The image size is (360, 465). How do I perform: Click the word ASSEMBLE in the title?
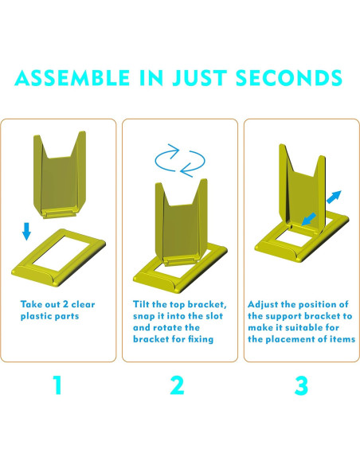(x=72, y=78)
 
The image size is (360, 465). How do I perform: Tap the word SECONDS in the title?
(x=289, y=78)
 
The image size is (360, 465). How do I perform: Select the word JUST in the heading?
(x=200, y=78)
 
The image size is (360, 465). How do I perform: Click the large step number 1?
(x=57, y=385)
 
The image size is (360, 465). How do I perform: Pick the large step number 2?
(x=177, y=385)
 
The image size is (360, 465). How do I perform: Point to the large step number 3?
(x=301, y=385)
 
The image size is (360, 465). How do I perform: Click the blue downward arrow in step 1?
(x=26, y=231)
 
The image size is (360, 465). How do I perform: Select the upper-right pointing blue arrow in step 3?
(x=334, y=197)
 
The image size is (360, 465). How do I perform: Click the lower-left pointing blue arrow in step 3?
(x=308, y=220)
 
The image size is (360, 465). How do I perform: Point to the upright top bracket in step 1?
(x=59, y=175)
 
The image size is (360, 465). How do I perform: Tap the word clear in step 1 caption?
(x=83, y=304)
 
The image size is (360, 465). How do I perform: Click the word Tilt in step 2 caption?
(x=141, y=304)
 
